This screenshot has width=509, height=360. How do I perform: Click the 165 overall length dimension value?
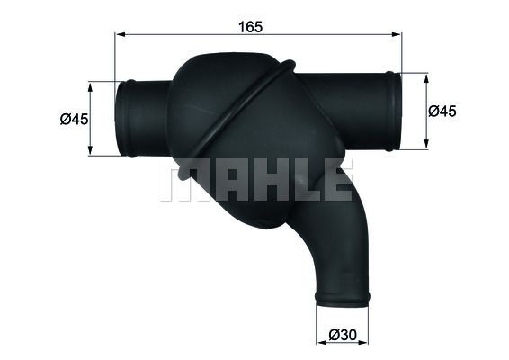[x=250, y=26]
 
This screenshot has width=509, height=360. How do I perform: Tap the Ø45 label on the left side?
[x=74, y=119]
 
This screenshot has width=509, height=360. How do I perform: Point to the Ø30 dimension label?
[x=343, y=335]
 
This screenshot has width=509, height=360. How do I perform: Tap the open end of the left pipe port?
[x=122, y=118]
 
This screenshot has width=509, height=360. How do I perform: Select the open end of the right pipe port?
[x=393, y=110]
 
